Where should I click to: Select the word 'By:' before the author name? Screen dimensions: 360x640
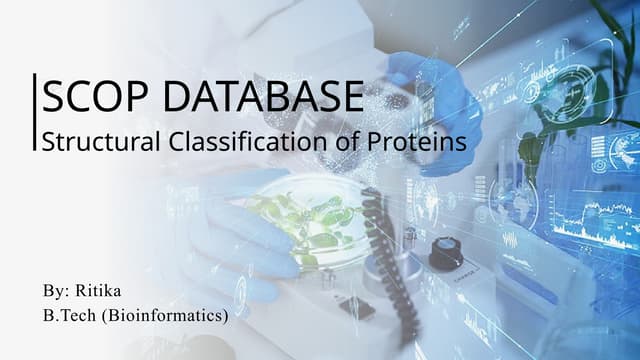coord(56,292)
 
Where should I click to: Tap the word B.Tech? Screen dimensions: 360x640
coord(71,316)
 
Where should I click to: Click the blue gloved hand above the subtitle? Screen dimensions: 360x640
coord(420,75)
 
